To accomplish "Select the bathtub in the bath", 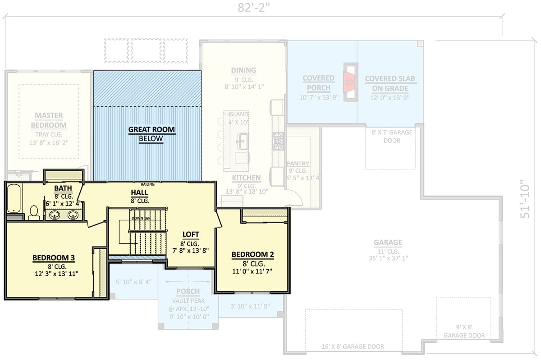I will click(14, 199).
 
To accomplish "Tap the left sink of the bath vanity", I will click(55, 215).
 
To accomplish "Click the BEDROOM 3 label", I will click(53, 258).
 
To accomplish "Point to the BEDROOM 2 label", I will click(252, 255).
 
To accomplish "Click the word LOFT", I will click(191, 234).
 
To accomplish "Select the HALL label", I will click(140, 192).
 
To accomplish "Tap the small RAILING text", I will click(147, 184).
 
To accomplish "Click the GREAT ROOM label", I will click(151, 130).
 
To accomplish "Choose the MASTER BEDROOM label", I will click(50, 120).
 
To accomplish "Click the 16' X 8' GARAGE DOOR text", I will click(353, 346).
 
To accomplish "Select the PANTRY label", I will click(297, 164).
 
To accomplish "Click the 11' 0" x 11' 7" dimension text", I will click(252, 272).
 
